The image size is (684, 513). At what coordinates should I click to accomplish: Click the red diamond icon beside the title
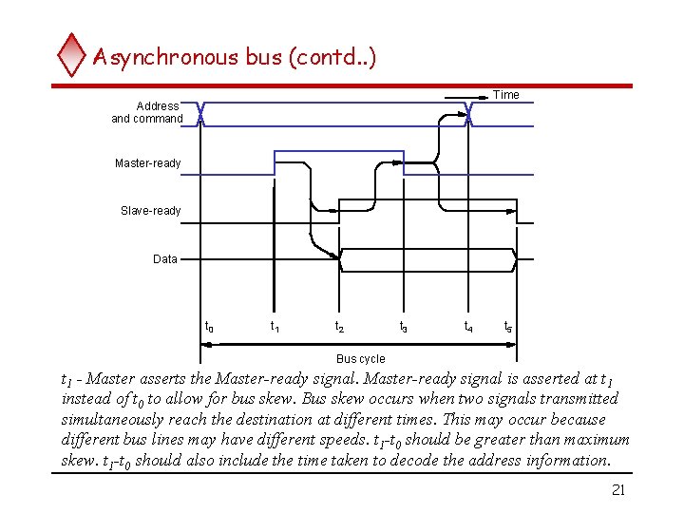pos(71,54)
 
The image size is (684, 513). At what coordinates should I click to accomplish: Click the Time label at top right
pos(506,95)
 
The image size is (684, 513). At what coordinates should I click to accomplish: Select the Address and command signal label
pos(148,112)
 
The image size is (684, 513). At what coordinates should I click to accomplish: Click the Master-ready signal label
pos(148,163)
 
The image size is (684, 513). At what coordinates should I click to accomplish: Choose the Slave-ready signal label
pos(151,211)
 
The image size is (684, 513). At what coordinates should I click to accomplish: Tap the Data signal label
pos(165,258)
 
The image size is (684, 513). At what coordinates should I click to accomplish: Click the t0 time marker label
pos(210,327)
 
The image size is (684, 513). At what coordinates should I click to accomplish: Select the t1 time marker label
pos(275,327)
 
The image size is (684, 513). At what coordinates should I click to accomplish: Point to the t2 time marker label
pos(339,327)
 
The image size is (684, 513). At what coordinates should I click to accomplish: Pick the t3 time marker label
pos(404,327)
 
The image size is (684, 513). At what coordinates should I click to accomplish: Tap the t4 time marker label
pos(468,327)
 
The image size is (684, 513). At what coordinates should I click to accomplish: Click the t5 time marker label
pos(508,327)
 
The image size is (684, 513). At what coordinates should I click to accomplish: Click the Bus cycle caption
pos(361,359)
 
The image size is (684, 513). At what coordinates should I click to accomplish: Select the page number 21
pos(617,489)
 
